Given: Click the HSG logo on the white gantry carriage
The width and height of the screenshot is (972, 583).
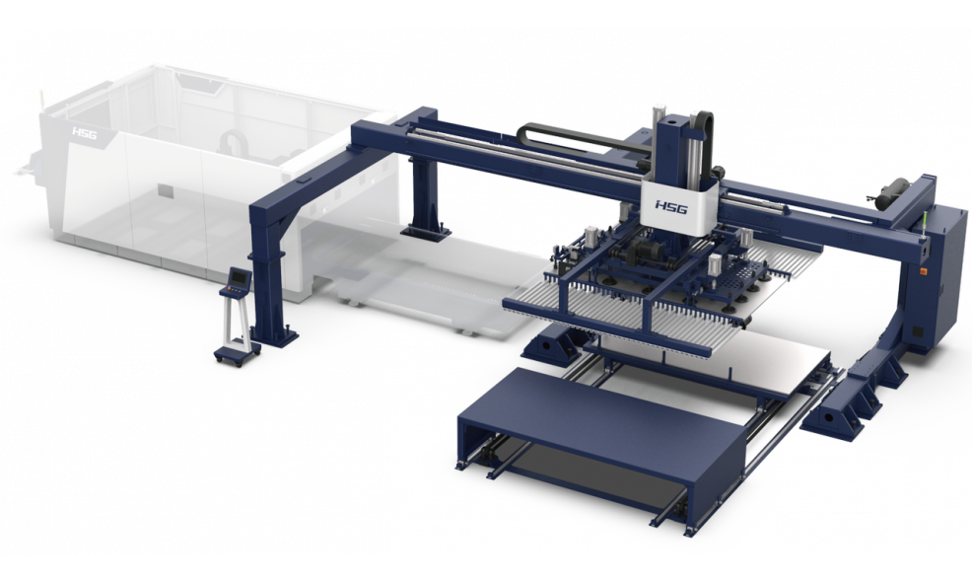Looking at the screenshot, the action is click(x=671, y=206).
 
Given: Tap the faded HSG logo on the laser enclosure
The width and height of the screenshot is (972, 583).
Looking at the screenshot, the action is click(x=85, y=133).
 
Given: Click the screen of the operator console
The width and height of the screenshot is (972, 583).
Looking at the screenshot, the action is click(x=239, y=276).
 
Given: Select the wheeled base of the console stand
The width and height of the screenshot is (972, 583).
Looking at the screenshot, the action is click(x=237, y=355).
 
